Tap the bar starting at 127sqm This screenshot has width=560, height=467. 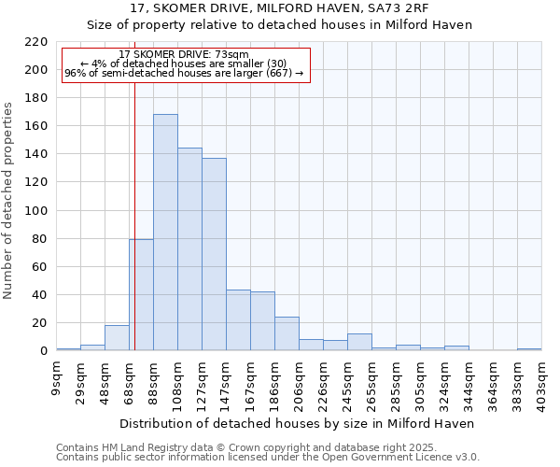(x=214, y=254)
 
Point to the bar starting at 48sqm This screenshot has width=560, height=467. (x=117, y=338)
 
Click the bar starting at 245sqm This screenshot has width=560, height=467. (x=359, y=342)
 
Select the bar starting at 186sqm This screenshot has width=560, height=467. (x=287, y=333)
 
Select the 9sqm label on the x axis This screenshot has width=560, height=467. (x=57, y=375)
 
